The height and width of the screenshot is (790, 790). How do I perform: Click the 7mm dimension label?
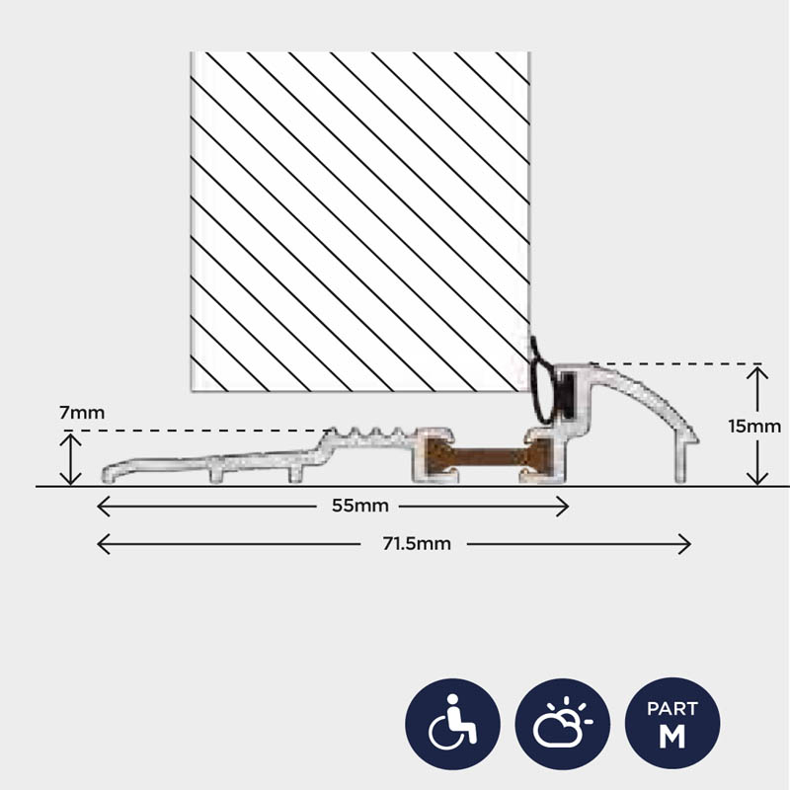point(82,413)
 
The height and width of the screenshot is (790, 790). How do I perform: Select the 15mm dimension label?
point(754,427)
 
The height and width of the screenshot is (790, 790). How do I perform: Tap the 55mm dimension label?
point(360,506)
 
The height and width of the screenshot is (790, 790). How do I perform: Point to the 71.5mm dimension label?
point(417,544)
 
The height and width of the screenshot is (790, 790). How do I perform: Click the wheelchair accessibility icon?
point(452,724)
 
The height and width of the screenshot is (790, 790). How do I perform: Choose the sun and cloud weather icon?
point(562,724)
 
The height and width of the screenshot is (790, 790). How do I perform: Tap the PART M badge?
point(672,724)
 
